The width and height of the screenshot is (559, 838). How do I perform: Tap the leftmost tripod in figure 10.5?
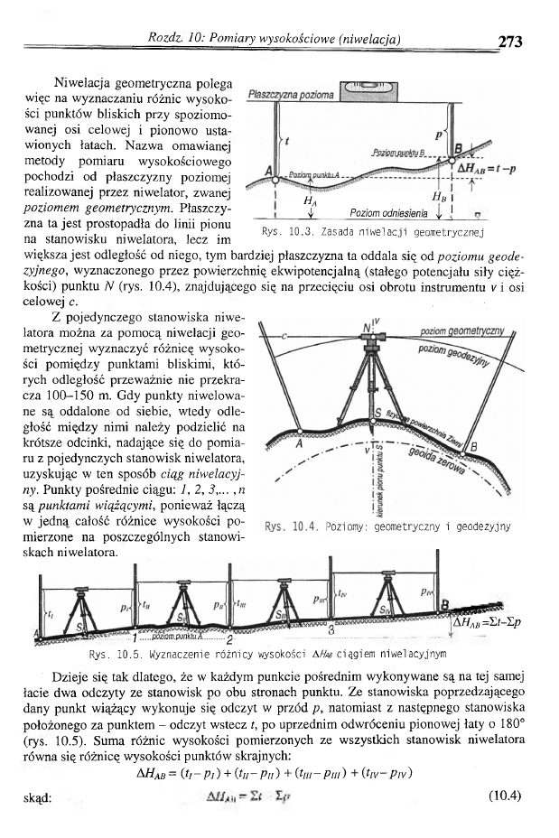87,606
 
